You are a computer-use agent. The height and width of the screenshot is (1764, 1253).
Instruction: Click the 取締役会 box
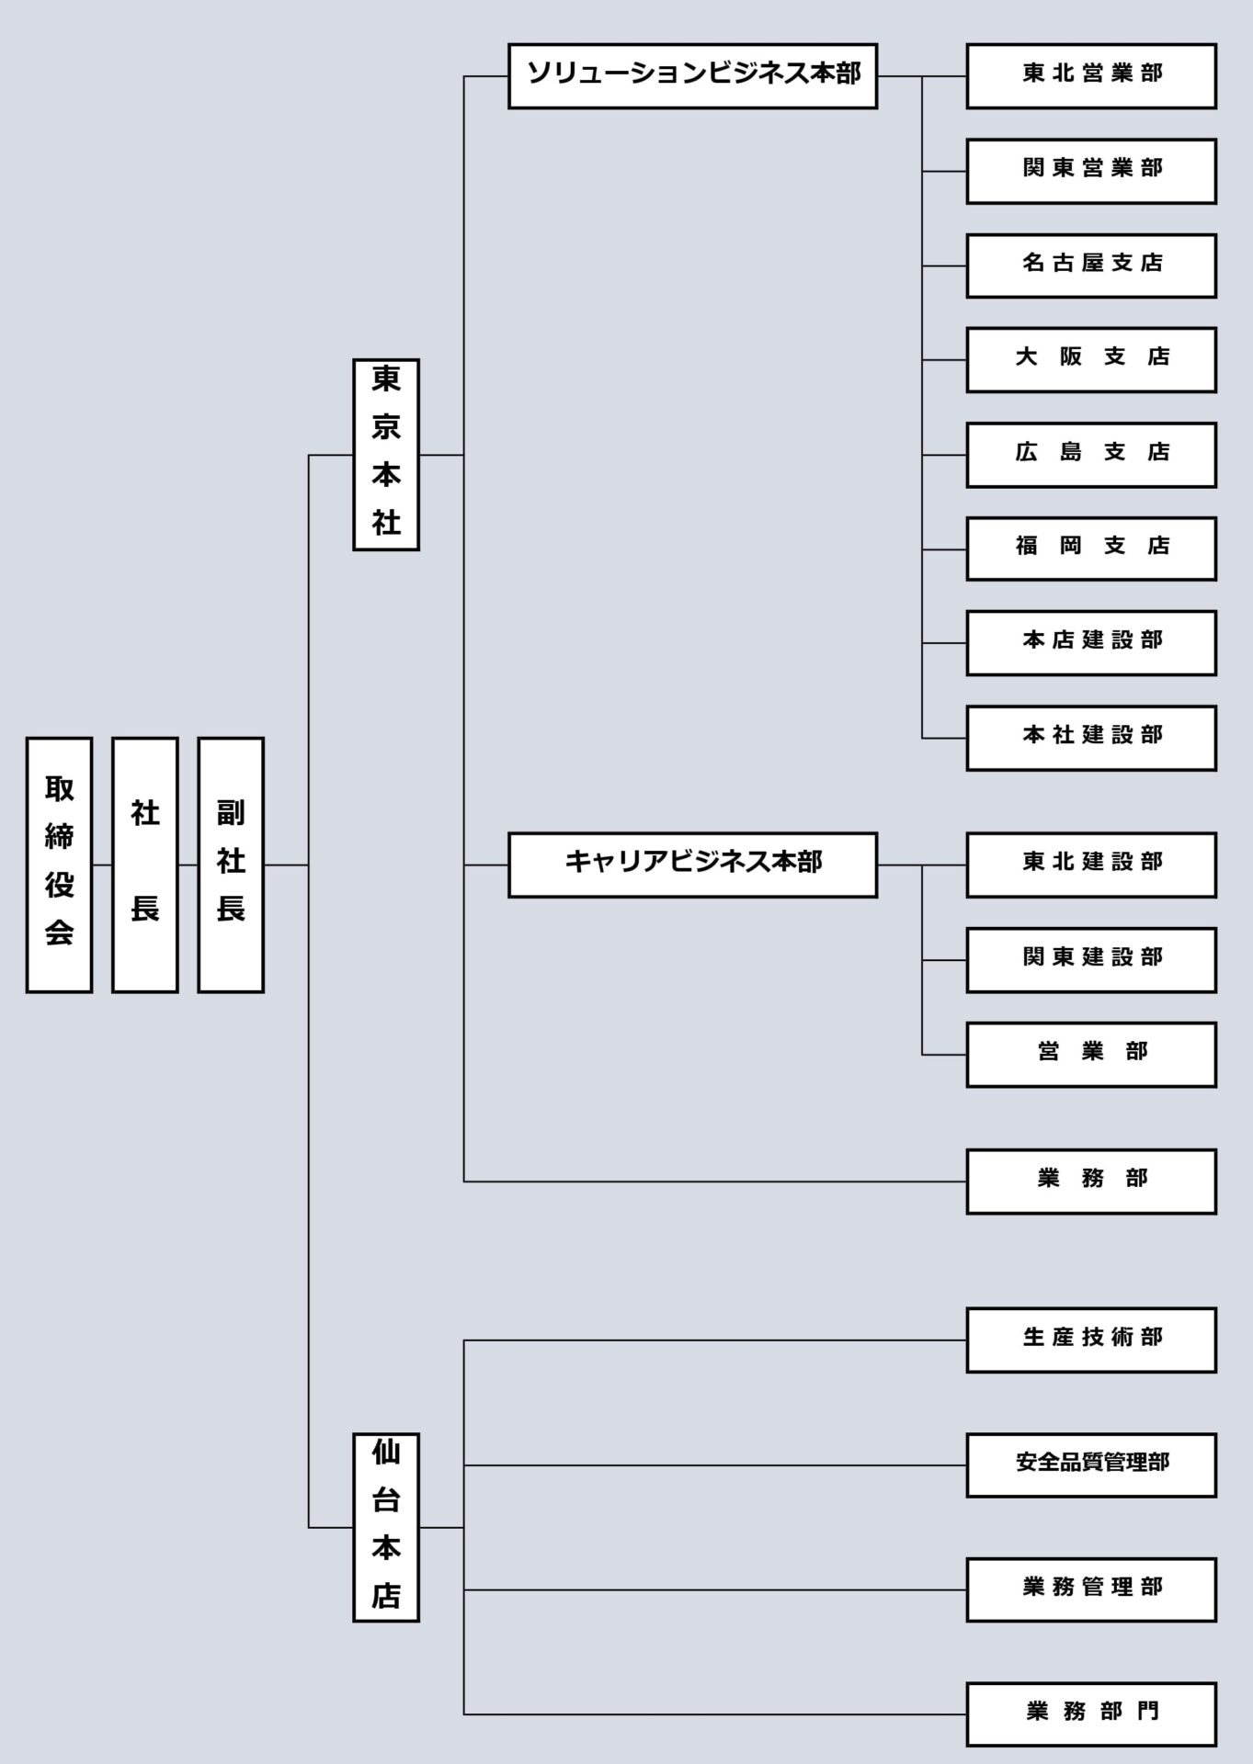coord(59,865)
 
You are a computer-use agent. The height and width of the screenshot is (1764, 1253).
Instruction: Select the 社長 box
coord(144,865)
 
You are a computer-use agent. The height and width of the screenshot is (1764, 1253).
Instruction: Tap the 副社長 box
coord(231,865)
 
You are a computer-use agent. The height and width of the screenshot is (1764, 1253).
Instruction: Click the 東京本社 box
coord(386,455)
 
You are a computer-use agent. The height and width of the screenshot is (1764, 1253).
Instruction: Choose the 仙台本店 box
coord(386,1527)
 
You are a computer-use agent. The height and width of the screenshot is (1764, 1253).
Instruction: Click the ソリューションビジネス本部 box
coord(692,75)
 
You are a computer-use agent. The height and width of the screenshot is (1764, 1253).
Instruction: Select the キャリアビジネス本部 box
coord(692,865)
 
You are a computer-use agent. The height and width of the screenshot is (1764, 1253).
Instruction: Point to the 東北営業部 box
coord(1090,75)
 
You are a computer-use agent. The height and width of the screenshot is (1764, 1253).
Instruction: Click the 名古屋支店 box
coord(1090,266)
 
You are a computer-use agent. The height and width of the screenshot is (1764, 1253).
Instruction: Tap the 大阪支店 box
coord(1090,359)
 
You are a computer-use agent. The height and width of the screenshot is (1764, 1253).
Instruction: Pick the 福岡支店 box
coord(1090,548)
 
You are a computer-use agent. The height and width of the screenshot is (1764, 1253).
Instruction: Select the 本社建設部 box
coord(1090,738)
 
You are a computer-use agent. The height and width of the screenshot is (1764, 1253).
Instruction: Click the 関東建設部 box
coord(1090,960)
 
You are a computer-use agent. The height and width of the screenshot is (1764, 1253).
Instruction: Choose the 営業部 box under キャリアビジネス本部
coord(1090,1055)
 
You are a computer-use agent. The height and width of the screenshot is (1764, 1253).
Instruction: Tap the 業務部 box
coord(1090,1182)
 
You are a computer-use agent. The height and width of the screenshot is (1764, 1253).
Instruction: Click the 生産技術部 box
coord(1090,1340)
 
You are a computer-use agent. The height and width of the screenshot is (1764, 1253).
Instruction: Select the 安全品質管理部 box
coord(1090,1465)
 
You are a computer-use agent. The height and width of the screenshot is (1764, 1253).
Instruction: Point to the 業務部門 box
coord(1090,1714)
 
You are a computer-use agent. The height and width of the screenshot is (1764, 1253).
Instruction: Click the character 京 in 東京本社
coord(386,427)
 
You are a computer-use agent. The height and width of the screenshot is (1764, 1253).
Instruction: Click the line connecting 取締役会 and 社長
coord(102,865)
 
